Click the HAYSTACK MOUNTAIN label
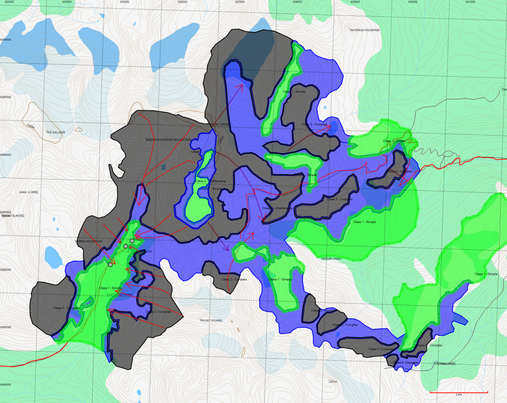coord(365,30)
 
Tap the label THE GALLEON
coord(56,132)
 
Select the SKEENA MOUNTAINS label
coord(89,241)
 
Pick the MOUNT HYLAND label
coord(211,320)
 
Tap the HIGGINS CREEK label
coord(444,363)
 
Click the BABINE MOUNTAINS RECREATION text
coord(168,139)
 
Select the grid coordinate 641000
coord(470,2)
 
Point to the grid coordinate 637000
coord(240,2)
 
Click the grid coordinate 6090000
coord(5,40)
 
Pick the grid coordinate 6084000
coord(5,385)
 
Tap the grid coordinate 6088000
coord(5,155)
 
